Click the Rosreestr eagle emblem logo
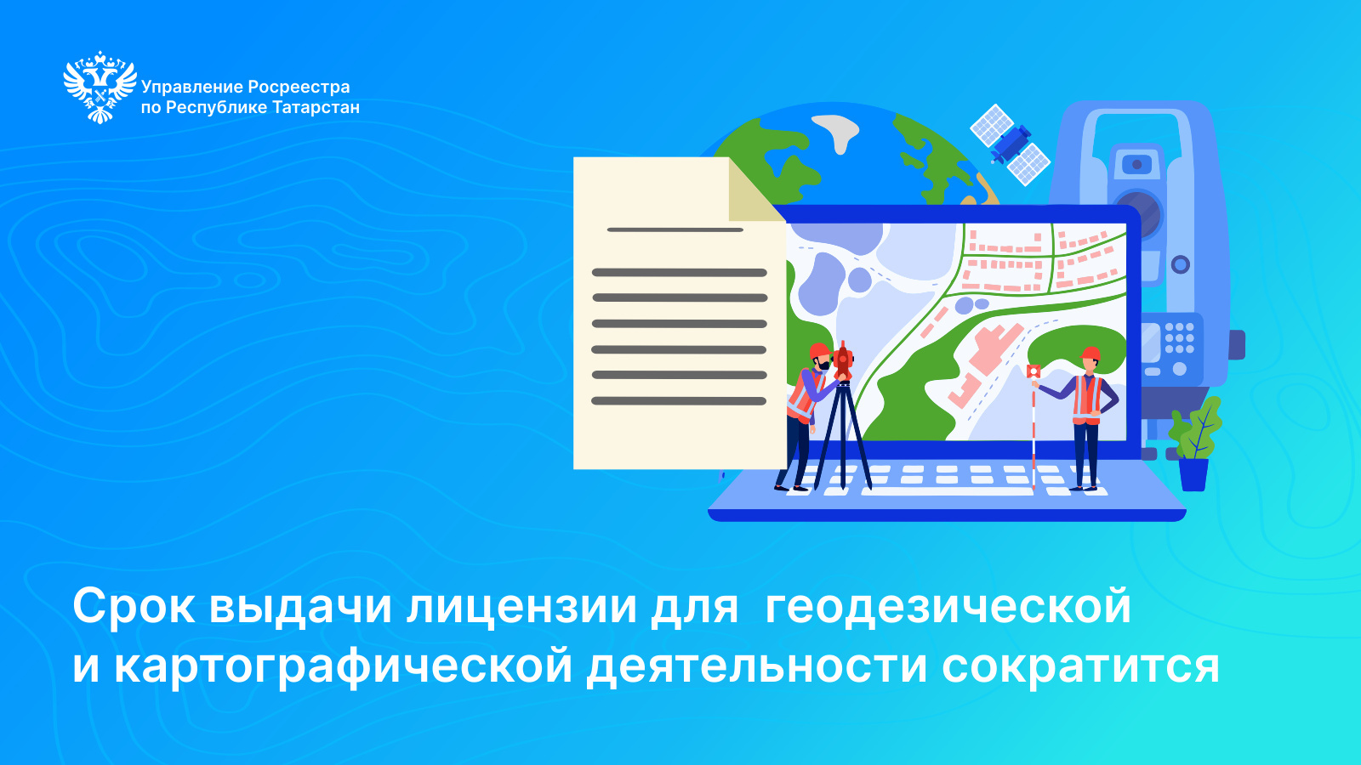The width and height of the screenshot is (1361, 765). tap(100, 88)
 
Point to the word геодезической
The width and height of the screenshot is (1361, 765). tap(948, 606)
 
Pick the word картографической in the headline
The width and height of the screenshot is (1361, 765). tap(344, 666)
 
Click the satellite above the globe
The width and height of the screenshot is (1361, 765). tap(1010, 144)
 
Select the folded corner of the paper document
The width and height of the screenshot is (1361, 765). tap(755, 190)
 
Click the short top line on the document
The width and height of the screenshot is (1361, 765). tap(675, 230)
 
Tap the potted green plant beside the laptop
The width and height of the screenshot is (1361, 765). tap(1196, 444)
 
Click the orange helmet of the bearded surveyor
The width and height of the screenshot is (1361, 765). tap(819, 351)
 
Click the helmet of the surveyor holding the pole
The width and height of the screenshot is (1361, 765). tap(1090, 354)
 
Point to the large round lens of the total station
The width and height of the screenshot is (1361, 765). tap(1137, 213)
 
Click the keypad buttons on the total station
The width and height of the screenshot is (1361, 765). tap(1180, 338)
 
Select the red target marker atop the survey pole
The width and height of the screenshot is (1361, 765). tap(1034, 371)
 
